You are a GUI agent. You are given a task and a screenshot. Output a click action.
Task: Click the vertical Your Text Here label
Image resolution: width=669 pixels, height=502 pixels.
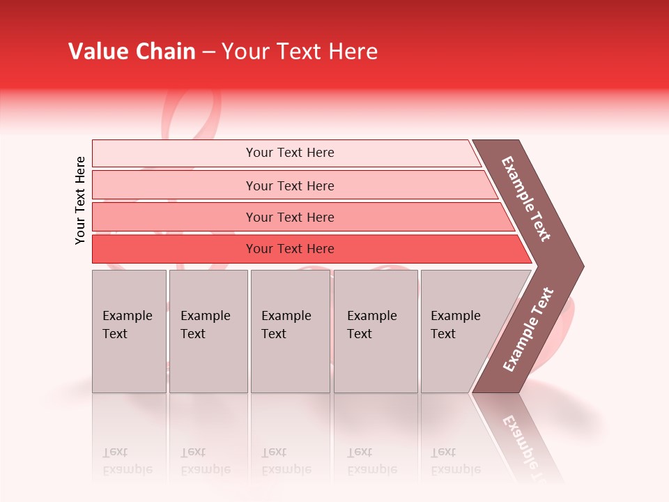pyautogui.click(x=80, y=201)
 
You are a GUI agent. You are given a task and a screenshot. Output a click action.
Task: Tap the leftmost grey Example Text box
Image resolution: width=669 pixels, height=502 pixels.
pyautogui.click(x=129, y=331)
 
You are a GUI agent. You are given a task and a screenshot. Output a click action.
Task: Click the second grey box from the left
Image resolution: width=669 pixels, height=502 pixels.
pyautogui.click(x=208, y=331)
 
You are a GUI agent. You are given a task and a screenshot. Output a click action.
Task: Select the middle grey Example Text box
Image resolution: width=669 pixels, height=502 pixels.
pyautogui.click(x=290, y=331)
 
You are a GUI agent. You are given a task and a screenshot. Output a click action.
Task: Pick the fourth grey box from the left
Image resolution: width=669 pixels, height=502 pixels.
pyautogui.click(x=376, y=331)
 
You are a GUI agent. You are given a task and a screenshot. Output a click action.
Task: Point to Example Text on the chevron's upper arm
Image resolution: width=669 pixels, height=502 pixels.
pyautogui.click(x=526, y=199)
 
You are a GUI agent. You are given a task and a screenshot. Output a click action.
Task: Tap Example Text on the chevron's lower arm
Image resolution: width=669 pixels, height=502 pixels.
pyautogui.click(x=528, y=330)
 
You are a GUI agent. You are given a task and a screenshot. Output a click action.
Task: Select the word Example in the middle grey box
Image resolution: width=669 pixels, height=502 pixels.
pyautogui.click(x=286, y=316)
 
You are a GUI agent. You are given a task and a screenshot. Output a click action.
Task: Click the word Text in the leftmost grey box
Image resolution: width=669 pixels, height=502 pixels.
pyautogui.click(x=115, y=334)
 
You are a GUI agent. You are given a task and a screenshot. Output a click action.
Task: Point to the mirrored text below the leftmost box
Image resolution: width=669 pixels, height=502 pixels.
pyautogui.click(x=127, y=461)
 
